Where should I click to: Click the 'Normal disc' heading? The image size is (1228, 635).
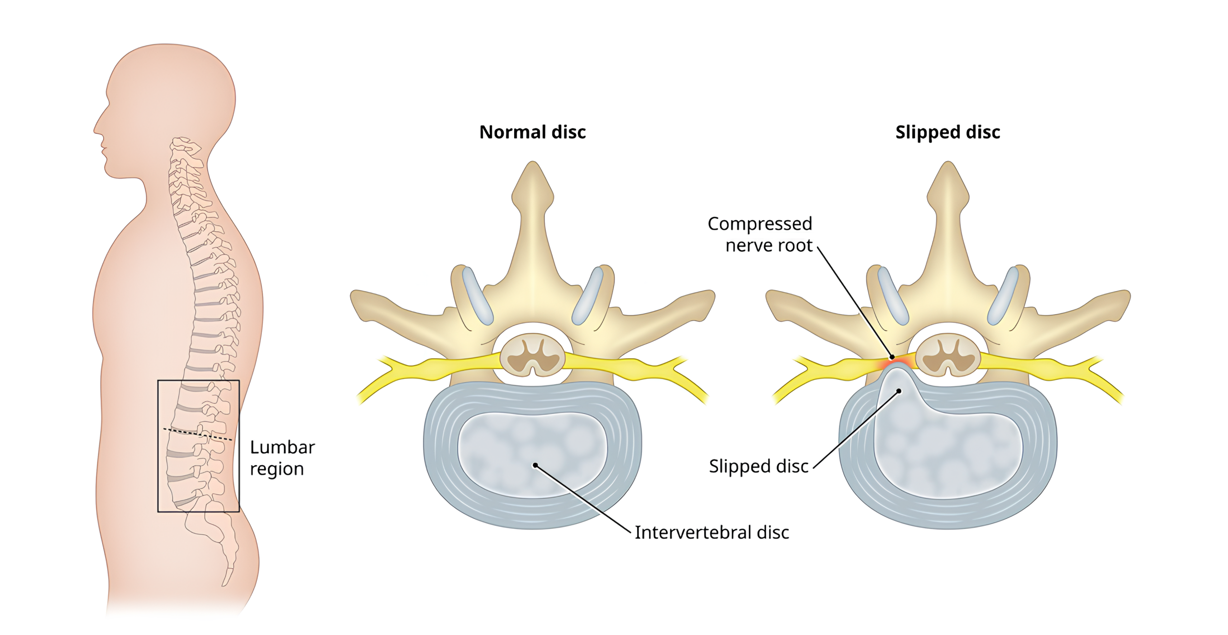[x=532, y=132]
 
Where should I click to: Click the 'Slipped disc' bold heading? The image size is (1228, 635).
[x=947, y=132]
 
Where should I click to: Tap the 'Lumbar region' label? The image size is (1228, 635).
[x=282, y=458]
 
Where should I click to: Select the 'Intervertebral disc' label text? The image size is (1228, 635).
[x=711, y=532]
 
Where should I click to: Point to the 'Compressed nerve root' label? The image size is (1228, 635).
[x=760, y=234]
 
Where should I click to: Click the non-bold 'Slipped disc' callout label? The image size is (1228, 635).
[x=758, y=466]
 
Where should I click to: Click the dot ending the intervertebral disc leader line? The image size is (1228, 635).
[x=535, y=465]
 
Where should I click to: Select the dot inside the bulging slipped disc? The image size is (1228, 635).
[x=899, y=391]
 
